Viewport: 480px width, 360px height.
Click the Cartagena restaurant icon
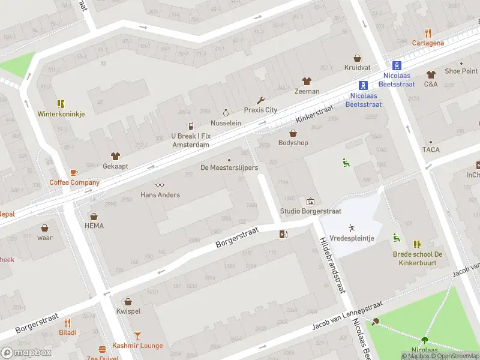point(428,33)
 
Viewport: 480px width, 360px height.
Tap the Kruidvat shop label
point(357,68)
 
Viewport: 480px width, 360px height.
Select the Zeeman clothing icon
point(307,81)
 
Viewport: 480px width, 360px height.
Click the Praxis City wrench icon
point(260,100)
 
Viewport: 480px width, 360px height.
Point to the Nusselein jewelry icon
point(226,112)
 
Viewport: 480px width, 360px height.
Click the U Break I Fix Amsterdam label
point(190,140)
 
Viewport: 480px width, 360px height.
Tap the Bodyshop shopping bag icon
point(293,133)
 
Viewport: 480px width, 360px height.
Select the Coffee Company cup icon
point(74,173)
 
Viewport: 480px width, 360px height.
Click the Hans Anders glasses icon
point(160,185)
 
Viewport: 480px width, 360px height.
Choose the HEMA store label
point(94,226)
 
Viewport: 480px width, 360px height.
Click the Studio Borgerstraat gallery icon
point(310,202)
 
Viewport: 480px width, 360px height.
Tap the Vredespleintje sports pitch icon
point(351,228)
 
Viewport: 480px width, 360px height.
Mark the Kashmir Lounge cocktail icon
point(137,335)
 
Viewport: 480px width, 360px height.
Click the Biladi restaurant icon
point(67,322)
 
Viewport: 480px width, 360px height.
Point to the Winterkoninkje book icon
point(61,104)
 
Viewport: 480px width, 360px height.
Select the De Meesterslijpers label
point(229,168)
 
